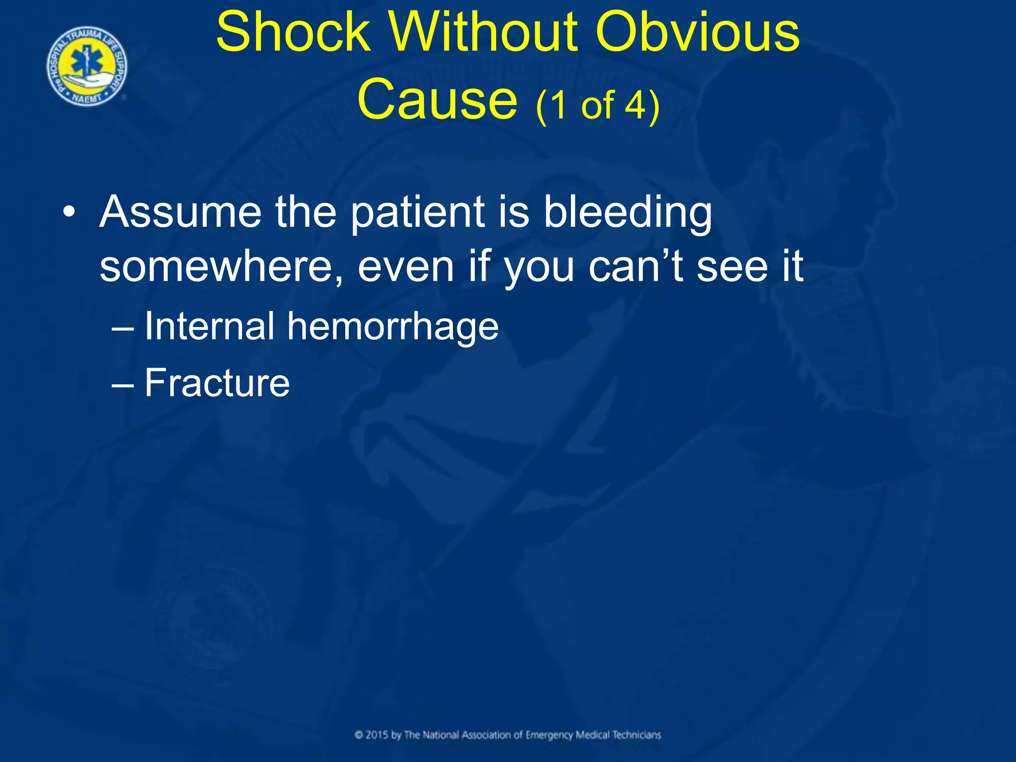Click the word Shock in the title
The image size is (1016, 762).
point(294,32)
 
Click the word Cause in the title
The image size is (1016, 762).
point(437,99)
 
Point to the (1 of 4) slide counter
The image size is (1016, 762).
point(598,105)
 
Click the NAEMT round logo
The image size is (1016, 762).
point(87,66)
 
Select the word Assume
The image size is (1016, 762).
point(180,212)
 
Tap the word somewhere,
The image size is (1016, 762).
point(221,267)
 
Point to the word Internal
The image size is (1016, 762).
point(209,326)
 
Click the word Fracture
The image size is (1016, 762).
point(217,383)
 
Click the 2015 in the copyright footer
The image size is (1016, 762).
point(377,735)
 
